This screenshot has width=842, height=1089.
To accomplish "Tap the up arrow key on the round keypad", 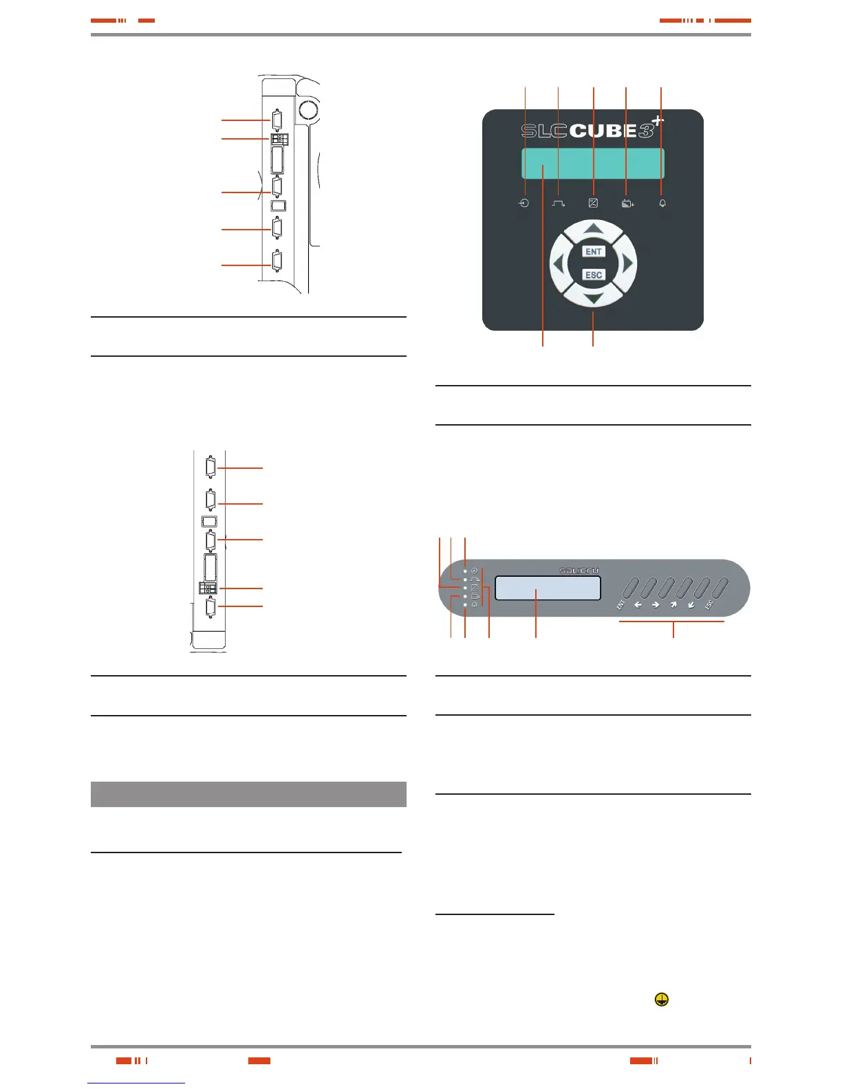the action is [594, 230].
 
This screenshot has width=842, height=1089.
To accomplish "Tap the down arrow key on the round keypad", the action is [594, 296].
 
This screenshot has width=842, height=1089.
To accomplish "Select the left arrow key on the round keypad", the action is [559, 263].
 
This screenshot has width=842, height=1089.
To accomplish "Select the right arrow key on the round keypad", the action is [627, 263].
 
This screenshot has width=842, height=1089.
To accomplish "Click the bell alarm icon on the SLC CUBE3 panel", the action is [662, 203].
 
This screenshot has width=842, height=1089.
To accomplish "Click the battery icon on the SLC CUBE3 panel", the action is [627, 203].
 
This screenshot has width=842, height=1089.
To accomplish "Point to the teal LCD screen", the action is [592, 164].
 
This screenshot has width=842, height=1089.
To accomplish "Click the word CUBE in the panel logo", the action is [603, 131].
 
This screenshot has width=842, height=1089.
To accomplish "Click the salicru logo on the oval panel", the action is [579, 571].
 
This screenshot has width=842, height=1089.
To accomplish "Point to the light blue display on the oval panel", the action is [548, 588].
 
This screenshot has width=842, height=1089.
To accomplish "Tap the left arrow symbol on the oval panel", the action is [638, 606].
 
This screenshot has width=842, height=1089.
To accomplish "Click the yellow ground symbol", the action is [661, 1000].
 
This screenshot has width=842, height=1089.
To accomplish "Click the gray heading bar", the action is [248, 794].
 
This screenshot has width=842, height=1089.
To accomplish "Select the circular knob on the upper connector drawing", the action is [309, 109].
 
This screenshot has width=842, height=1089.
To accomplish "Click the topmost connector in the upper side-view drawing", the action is [277, 120].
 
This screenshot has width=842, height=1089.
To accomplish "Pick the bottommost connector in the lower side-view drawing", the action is [210, 607].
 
